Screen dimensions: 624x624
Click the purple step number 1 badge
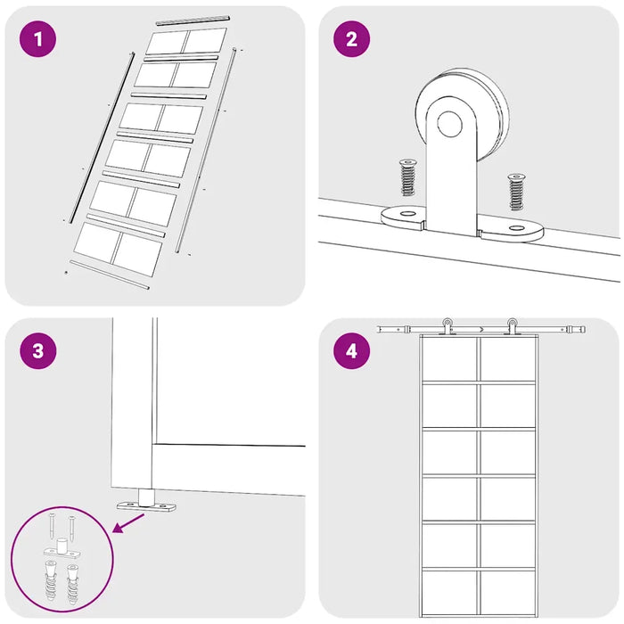(37, 38)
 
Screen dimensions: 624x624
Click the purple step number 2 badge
(351, 38)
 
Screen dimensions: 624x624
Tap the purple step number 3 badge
(37, 350)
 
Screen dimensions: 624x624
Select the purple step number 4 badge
(351, 350)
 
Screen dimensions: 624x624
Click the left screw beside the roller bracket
(407, 177)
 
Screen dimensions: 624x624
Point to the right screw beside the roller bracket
(516, 192)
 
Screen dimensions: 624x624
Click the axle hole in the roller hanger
(449, 124)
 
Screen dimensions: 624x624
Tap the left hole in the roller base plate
(407, 214)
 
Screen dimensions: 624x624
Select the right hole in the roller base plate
(516, 228)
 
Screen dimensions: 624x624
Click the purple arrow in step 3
(128, 522)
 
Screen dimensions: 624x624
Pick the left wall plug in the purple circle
(50, 579)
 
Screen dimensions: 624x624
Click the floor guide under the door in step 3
(146, 501)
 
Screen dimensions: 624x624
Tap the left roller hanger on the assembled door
(447, 326)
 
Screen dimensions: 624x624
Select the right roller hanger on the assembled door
(512, 326)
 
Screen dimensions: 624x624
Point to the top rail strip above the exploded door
(193, 21)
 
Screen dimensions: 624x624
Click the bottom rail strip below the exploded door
(110, 275)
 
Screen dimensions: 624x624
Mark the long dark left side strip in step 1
(103, 137)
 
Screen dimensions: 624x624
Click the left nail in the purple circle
(53, 527)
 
